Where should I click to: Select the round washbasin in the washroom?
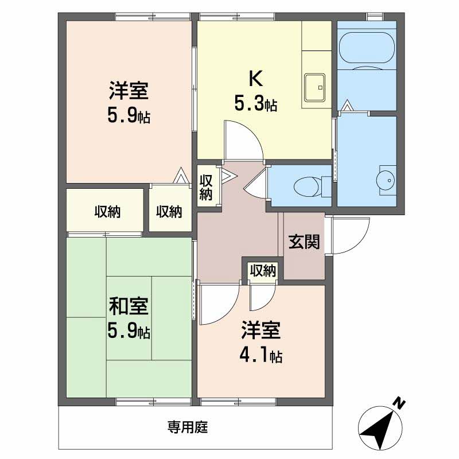pyautogui.click(x=385, y=180)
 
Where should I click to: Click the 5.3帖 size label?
pyautogui.click(x=255, y=104)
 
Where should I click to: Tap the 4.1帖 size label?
pyautogui.click(x=260, y=356)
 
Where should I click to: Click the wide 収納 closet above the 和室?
pyautogui.click(x=107, y=211)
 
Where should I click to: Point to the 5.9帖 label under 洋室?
pyautogui.click(x=129, y=116)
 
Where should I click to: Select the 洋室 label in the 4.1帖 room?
pyautogui.click(x=260, y=331)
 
